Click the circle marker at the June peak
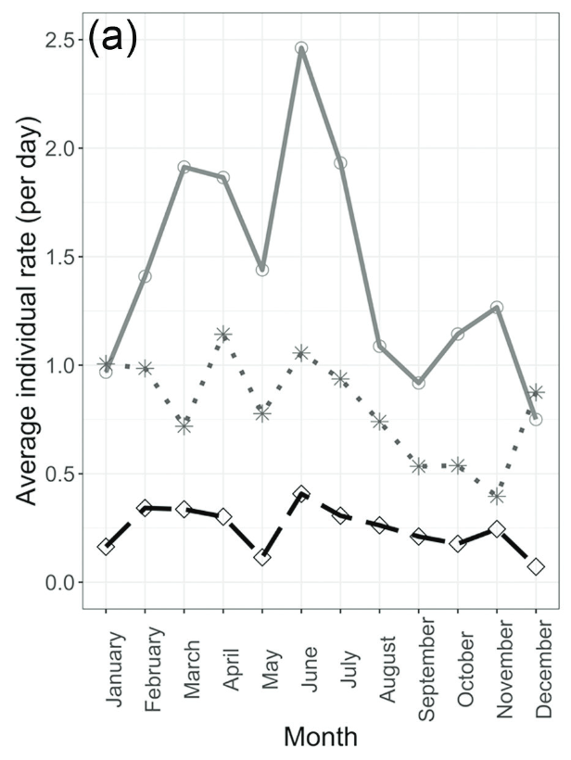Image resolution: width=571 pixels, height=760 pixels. point(301,48)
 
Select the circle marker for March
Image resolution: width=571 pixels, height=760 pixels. point(184,168)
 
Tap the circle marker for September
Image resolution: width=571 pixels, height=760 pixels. point(419,383)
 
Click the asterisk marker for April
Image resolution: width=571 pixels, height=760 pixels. point(223,335)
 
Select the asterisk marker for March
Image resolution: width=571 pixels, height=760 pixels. point(184,426)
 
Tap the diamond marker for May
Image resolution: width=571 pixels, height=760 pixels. point(262,558)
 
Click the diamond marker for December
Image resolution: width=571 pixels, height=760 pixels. point(536,567)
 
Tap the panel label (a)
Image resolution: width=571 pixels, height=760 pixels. point(113,40)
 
